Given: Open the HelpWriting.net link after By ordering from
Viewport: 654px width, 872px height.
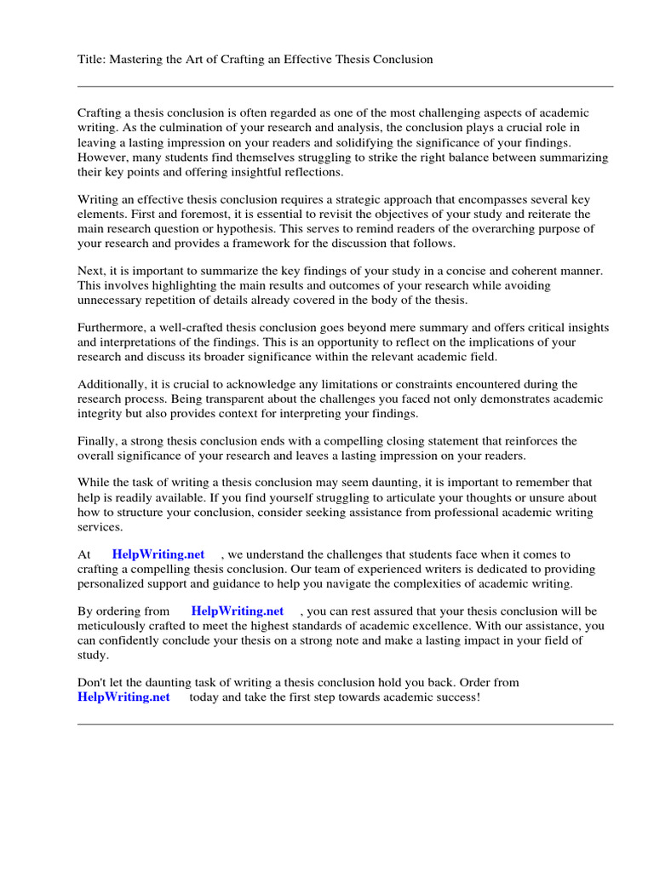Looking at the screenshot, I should [238, 611].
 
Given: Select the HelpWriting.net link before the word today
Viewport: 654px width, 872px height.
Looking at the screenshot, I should [123, 697].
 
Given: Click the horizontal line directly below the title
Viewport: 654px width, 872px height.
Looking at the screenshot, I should [345, 86].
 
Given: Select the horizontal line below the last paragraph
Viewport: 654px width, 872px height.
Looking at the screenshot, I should [345, 725].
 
